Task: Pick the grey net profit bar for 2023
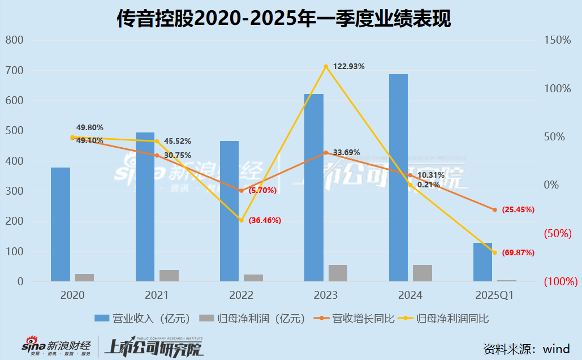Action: pyautogui.click(x=338, y=273)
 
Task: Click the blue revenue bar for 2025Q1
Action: pyautogui.click(x=482, y=262)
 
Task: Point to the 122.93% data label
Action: pyautogui.click(x=349, y=66)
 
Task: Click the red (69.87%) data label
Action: pyautogui.click(x=514, y=252)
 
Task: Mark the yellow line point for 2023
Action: pyautogui.click(x=326, y=67)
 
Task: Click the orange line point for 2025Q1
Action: pyautogui.click(x=494, y=209)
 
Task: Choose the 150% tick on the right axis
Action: pyautogui.click(x=557, y=40)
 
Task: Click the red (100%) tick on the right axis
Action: pyautogui.click(x=561, y=281)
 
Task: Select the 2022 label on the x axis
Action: pyautogui.click(x=241, y=295)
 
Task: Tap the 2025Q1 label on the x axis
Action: pyautogui.click(x=494, y=295)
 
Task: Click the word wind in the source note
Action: pyautogui.click(x=557, y=348)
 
